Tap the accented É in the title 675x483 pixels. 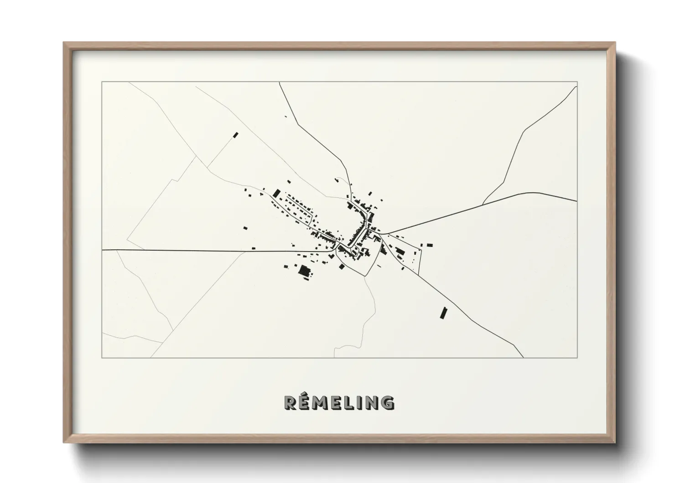point(306,401)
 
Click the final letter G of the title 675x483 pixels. point(388,402)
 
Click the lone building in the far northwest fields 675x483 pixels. point(236,135)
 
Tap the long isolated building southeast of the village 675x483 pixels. point(443,313)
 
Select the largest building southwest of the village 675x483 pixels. point(304,270)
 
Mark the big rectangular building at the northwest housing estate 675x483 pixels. point(276,194)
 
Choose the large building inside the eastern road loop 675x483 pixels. point(400,251)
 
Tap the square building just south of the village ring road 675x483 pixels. point(341,267)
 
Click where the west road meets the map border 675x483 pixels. point(102,250)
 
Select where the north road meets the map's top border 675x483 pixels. point(280,82)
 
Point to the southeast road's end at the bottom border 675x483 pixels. point(524,357)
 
